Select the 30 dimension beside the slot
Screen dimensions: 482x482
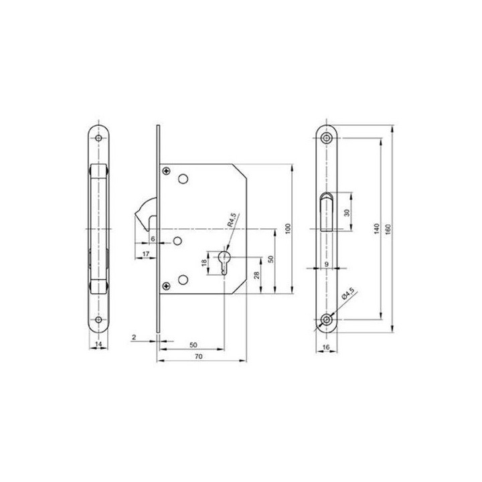point(345,212)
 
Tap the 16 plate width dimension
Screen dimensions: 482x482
point(326,348)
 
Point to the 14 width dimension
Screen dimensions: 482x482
point(99,344)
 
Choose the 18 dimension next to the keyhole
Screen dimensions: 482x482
point(206,262)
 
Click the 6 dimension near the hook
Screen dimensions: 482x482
point(153,238)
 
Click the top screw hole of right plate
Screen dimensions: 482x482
point(326,137)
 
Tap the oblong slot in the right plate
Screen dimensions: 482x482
point(326,210)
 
